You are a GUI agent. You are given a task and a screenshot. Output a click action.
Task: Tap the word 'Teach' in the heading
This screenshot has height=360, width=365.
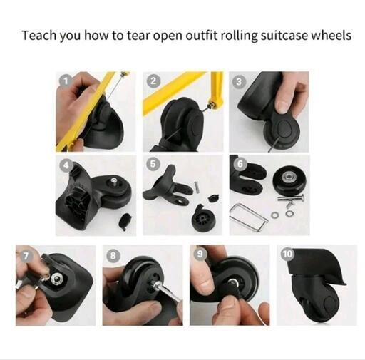tap(39, 36)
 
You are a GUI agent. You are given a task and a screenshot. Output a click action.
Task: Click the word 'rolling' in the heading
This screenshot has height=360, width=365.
tap(239, 36)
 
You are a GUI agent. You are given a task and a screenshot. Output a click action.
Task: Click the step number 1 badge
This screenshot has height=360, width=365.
tap(66, 81)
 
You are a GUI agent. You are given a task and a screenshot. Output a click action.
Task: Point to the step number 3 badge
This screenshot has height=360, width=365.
tap(239, 81)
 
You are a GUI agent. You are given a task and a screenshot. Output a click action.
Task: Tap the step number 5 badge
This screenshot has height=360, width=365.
tap(153, 164)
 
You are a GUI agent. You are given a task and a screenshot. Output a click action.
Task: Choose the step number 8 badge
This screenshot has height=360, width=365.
tap(113, 256)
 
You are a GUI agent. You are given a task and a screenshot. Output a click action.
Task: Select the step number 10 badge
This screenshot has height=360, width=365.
tap(287, 254)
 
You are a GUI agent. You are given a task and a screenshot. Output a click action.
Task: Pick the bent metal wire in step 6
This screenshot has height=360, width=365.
tap(248, 217)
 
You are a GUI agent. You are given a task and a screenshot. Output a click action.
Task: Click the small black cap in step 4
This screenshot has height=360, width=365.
tap(125, 221)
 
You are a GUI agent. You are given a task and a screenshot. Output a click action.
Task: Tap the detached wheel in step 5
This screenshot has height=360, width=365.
tap(202, 218)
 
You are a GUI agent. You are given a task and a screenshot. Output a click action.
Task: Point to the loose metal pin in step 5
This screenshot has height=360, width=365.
tap(197, 186)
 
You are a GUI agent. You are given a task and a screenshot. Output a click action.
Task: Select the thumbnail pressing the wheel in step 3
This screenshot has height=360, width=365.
tap(282, 106)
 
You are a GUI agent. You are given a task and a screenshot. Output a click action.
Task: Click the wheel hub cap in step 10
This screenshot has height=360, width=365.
tap(331, 304)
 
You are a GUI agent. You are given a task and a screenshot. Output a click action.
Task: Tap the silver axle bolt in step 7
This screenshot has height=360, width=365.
tap(57, 278)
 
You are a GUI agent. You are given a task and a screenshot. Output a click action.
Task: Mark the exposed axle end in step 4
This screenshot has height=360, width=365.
tap(114, 181)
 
